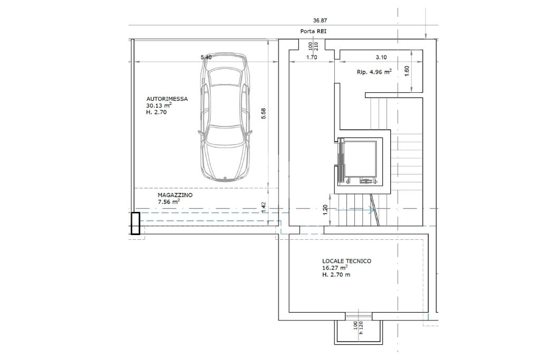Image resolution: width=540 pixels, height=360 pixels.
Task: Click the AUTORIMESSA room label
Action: tap(167, 99)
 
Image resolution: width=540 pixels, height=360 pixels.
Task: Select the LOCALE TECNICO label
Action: tap(347, 261)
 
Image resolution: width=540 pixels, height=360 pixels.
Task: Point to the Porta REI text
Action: tap(313, 31)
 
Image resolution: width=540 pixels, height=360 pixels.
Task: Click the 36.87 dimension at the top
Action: tap(320, 21)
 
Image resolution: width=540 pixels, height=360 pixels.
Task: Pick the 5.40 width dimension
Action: tap(206, 57)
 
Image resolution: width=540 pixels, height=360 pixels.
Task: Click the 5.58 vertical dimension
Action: tap(264, 113)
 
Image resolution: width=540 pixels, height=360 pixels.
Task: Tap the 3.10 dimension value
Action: tap(381, 57)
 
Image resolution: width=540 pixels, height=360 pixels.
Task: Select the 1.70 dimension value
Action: tap(312, 57)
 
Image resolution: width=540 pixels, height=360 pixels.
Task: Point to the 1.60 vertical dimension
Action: tap(407, 71)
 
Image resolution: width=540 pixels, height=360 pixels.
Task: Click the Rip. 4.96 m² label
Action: tap(374, 72)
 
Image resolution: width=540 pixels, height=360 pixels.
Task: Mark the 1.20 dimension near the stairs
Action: tap(325, 210)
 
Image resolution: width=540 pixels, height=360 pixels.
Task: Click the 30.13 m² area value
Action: tap(159, 105)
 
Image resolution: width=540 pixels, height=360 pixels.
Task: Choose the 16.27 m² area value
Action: tap(335, 267)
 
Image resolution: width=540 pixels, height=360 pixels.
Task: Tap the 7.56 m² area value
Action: tap(169, 201)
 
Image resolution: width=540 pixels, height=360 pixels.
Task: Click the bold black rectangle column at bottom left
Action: tap(136, 223)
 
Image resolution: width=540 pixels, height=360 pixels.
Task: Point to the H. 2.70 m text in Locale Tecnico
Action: tap(336, 275)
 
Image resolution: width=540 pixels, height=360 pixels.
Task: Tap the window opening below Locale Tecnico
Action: tap(359, 316)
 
